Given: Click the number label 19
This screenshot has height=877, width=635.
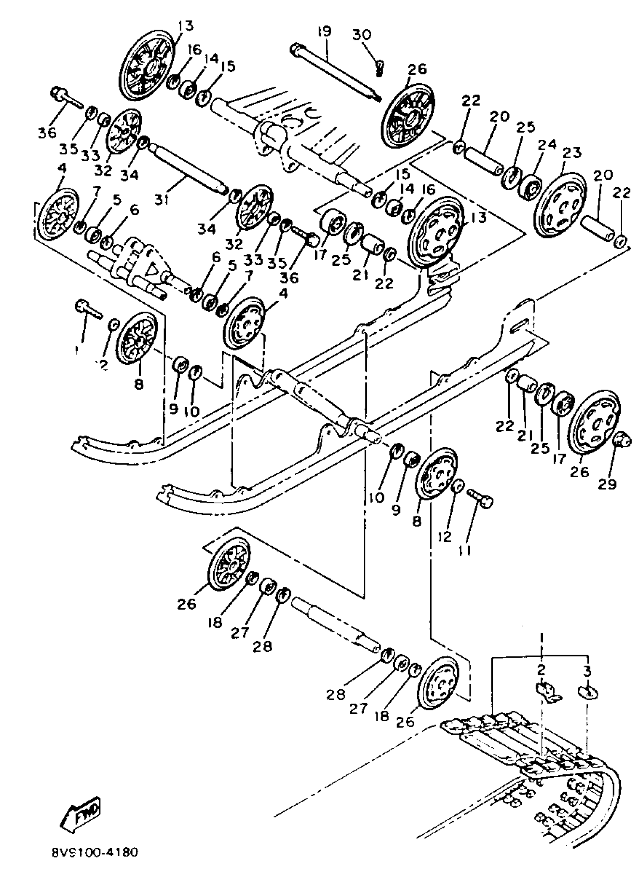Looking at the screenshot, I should point(325,31).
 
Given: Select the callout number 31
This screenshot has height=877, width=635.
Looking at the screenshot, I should point(162,200).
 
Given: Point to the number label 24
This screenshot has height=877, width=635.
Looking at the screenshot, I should point(547,145).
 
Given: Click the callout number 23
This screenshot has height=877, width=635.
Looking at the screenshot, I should point(572,153).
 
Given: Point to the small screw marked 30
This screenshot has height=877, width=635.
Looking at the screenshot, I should point(380,68).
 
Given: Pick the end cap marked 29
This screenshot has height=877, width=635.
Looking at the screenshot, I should point(622,440).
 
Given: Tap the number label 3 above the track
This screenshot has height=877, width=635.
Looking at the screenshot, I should point(587,672).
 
